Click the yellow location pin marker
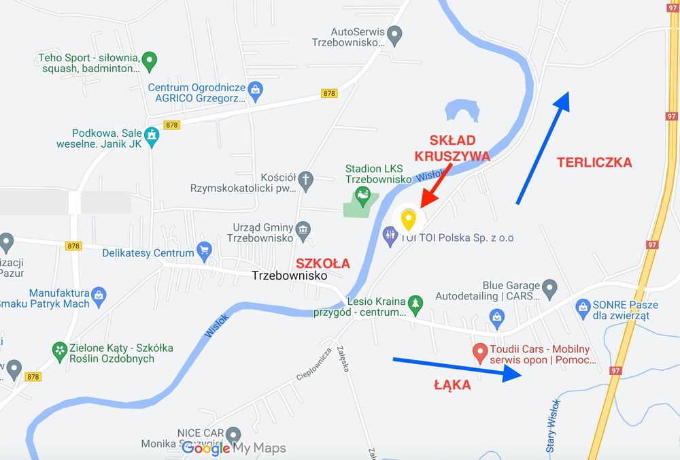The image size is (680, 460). tap(408, 220)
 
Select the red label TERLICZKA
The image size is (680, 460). tap(594, 162)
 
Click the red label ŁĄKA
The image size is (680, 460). tap(452, 385)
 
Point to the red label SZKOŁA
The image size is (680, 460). tap(322, 263)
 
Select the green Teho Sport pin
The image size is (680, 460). tap(150, 61)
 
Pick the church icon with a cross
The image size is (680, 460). tap(307, 180)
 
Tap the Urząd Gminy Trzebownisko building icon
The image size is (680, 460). tap(303, 229)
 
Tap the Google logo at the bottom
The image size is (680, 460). tap(205, 448)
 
